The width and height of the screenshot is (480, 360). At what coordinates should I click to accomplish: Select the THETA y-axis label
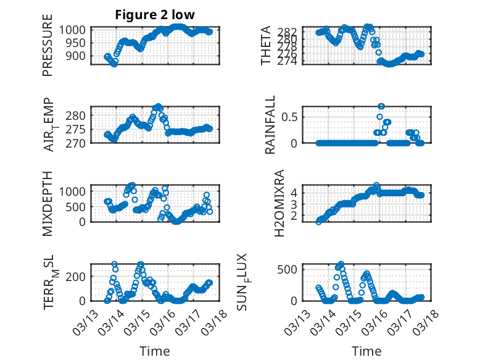point(266,46)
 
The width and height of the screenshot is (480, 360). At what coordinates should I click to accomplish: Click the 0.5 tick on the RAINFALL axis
point(292,116)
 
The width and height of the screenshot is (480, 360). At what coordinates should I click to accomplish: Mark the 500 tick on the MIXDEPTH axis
point(77,206)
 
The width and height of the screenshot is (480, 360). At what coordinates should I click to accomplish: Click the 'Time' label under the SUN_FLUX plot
point(366,351)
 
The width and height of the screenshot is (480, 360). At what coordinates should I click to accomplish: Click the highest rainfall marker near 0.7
point(381,106)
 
